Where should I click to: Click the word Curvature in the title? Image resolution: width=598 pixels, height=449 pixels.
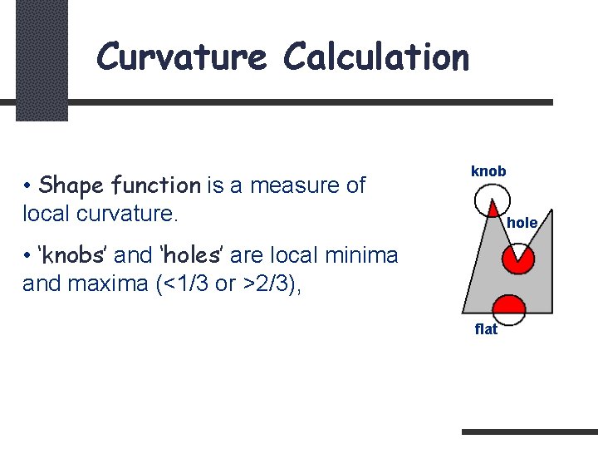pos(181,57)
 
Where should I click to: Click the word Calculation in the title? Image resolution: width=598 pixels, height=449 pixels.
pos(376,57)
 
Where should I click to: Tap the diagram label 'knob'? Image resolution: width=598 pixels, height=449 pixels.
pos(488,171)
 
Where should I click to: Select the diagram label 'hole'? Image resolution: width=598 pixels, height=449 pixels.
pos(522,223)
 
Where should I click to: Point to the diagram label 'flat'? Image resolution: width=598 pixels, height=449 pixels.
pos(486,329)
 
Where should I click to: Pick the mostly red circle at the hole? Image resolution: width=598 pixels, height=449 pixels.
pos(519,259)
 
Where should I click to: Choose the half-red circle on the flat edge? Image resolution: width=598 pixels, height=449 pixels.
pos(509,309)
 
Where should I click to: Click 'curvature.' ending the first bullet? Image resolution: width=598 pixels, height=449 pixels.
pos(115,213)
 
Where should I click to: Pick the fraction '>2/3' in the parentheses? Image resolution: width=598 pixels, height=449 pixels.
pos(264,283)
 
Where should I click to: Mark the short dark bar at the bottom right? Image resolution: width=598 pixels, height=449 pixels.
pos(529,432)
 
